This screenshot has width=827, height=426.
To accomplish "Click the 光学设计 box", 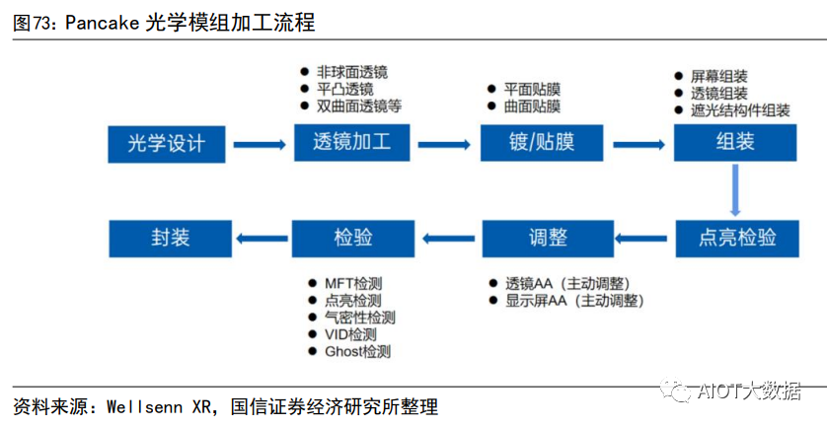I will [x=167, y=143].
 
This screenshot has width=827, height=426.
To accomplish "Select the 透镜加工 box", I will [x=350, y=143].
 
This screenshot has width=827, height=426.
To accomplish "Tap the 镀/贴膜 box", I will [x=540, y=143].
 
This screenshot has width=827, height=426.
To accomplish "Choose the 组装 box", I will [x=734, y=143].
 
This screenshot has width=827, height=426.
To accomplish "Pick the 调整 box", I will [x=542, y=238].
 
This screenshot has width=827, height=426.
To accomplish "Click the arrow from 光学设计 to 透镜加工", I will [x=260, y=144].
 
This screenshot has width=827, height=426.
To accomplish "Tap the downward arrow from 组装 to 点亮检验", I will [x=735, y=190].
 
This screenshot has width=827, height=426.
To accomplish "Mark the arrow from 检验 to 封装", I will [x=260, y=237].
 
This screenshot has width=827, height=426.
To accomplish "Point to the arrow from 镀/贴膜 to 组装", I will [x=639, y=144].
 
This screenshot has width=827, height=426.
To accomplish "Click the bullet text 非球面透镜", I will [x=352, y=72].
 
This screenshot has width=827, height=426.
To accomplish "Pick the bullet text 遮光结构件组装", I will [x=740, y=110].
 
